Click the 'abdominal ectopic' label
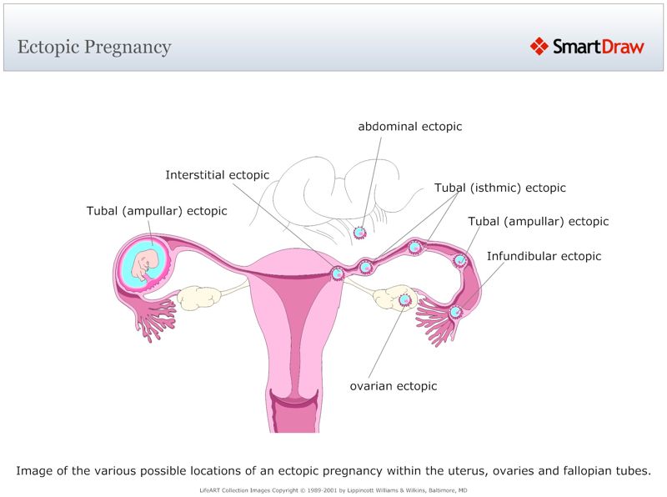click(409, 127)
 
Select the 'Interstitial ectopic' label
click(217, 175)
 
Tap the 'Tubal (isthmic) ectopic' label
click(499, 188)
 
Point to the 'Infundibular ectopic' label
click(544, 256)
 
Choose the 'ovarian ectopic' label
click(393, 386)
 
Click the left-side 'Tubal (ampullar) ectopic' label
click(157, 211)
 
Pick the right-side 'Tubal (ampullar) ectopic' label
click(538, 222)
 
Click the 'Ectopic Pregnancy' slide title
click(94, 47)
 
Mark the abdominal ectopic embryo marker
click(360, 233)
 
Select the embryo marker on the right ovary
click(405, 299)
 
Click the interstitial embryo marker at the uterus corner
click(338, 273)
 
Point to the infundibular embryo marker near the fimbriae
click(455, 312)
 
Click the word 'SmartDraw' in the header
click(599, 47)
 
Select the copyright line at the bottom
click(333, 490)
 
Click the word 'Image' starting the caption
click(34, 471)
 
